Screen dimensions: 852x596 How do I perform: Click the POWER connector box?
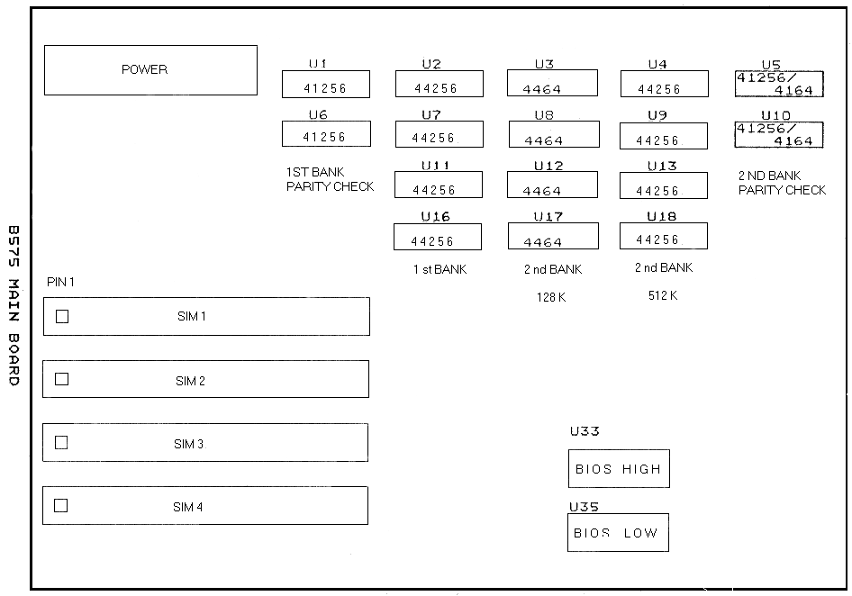coord(150,70)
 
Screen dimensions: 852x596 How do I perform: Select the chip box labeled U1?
coord(326,85)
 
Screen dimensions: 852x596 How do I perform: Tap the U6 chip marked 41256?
coord(326,133)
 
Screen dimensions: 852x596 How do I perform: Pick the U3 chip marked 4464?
coord(552,83)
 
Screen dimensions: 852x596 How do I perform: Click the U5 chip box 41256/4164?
coord(779,84)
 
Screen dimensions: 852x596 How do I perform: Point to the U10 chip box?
coord(779,135)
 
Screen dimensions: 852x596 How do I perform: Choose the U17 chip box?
coord(553,237)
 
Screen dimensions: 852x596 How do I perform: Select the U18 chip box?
coord(664,236)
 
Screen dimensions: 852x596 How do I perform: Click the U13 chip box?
coord(664,185)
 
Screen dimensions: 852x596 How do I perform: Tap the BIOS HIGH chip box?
coord(619,468)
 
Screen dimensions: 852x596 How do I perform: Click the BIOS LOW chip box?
coord(619,532)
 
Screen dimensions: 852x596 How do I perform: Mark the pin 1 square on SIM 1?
coord(62,316)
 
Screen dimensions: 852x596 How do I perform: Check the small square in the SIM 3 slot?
coord(61,443)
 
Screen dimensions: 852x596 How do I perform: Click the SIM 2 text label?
coord(190,381)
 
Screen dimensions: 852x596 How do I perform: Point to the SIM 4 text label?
coord(187,507)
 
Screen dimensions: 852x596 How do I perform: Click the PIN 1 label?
coord(60,282)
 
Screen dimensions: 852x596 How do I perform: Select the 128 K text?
coord(551,297)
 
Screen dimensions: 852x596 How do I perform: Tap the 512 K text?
coord(662,295)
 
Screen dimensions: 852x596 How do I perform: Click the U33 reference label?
coord(585,431)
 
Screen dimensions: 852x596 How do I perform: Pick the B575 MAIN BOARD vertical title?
coord(14,305)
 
